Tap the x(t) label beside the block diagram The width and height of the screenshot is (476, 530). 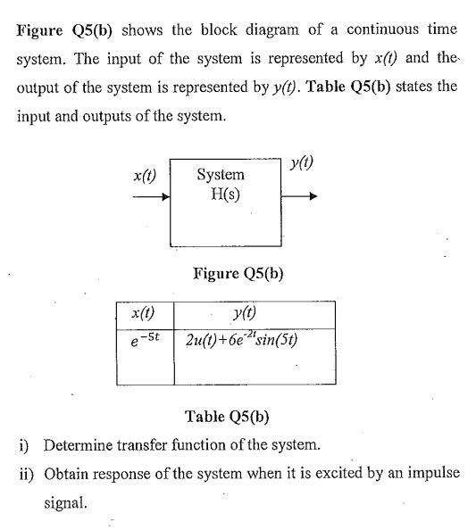click(145, 176)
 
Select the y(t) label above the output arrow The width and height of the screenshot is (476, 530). click(301, 165)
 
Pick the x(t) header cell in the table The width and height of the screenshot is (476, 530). click(143, 313)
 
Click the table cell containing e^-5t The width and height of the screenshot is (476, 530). click(143, 340)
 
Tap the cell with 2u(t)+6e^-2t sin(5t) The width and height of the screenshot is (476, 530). click(241, 340)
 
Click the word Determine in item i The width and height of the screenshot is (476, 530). click(79, 444)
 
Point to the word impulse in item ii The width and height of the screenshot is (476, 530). click(421, 473)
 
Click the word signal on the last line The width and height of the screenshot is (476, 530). click(66, 502)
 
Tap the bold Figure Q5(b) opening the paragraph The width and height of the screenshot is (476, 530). click(63, 29)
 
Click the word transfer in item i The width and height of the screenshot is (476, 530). click(148, 444)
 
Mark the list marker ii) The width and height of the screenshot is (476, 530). click(26, 473)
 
